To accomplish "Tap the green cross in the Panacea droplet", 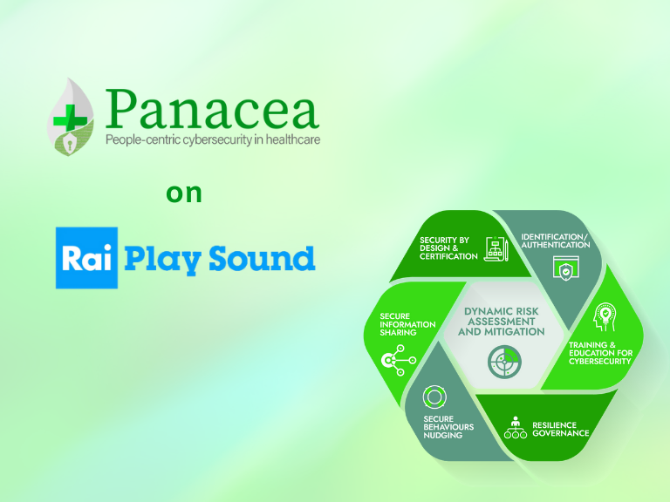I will (x=65, y=118).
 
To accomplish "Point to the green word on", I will (x=184, y=193).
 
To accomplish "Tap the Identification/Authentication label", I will (x=555, y=241).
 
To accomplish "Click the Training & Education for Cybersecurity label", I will (x=599, y=353).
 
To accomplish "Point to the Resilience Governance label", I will (x=560, y=429).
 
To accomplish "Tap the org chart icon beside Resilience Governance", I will (x=515, y=429).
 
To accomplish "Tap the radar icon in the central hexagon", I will (x=501, y=359).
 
